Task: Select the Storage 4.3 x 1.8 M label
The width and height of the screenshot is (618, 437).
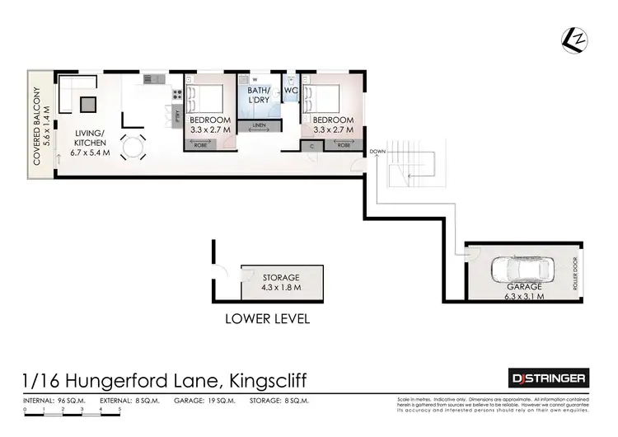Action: click(281, 283)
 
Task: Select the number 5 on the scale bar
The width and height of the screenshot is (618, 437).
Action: click(119, 410)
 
